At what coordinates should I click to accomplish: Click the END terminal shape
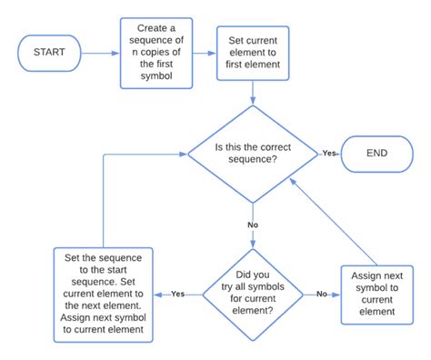point(376,154)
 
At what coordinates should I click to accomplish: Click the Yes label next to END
point(329,154)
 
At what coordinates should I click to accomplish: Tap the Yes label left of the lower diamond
point(178,294)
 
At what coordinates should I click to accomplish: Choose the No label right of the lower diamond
point(321,294)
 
